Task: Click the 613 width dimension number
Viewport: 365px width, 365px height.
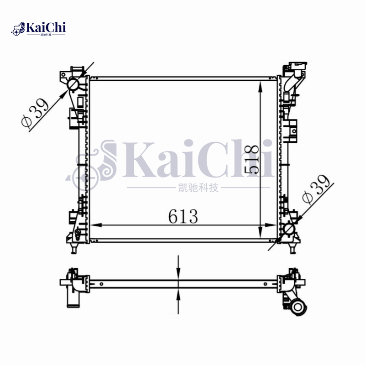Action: click(183, 217)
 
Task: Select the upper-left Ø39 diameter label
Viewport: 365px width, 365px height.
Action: click(35, 114)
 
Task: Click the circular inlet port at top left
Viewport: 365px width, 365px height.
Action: click(73, 85)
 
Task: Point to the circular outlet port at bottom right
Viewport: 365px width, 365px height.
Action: click(289, 229)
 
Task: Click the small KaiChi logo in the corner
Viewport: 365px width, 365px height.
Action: click(39, 28)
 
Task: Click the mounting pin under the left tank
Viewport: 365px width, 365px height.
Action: click(73, 248)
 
